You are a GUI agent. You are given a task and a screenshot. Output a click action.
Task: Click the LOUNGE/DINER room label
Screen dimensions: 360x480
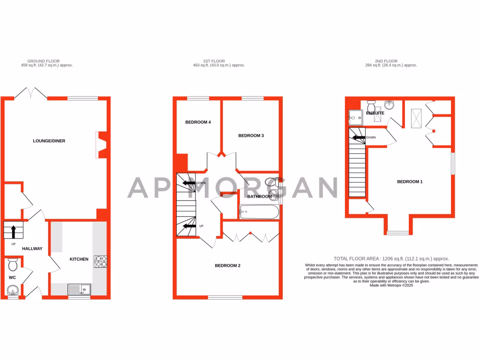[x=49, y=141]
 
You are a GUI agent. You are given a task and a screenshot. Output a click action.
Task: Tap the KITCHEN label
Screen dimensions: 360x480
[x=79, y=259]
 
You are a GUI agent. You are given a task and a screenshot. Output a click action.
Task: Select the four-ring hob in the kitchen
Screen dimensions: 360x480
[x=101, y=261]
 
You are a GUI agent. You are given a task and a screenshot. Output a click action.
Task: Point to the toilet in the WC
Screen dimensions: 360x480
[x=13, y=265]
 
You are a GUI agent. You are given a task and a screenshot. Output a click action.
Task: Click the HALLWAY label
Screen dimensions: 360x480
[x=32, y=248]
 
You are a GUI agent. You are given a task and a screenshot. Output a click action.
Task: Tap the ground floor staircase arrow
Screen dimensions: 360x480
[x=14, y=231]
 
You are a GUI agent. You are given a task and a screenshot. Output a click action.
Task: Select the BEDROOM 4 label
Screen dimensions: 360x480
[x=198, y=122]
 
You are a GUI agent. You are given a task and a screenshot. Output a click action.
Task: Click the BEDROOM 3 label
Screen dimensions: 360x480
[x=251, y=135]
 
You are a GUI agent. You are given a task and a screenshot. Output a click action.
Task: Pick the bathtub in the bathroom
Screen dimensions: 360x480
[x=259, y=212]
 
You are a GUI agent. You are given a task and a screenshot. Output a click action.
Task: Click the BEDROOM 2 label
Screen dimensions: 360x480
[x=227, y=266]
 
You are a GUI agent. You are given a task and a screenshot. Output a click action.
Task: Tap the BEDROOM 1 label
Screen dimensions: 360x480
[x=410, y=181]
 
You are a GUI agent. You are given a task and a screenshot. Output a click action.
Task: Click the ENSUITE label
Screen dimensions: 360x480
[x=375, y=113]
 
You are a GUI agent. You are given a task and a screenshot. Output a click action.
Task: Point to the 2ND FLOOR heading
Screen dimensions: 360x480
[x=386, y=61]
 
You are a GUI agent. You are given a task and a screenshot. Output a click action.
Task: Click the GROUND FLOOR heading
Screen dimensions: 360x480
[x=42, y=61]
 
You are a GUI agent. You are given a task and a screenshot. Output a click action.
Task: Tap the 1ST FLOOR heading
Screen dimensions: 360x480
[x=214, y=61]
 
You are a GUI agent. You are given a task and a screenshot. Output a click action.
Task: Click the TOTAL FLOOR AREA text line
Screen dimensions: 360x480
[x=391, y=258]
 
